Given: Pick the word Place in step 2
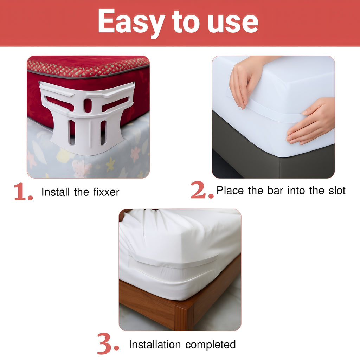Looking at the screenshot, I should (x=230, y=191).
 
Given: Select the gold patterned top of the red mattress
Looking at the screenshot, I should (x=88, y=65).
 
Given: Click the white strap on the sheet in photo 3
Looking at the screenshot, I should (x=172, y=262).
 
